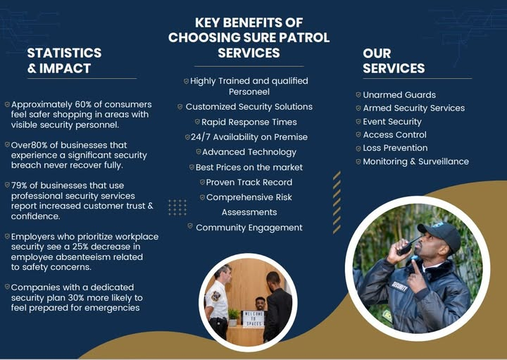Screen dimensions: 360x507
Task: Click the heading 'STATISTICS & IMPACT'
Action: [x=64, y=61]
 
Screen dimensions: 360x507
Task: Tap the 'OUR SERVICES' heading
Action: [x=394, y=61]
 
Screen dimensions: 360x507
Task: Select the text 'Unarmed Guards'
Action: [x=399, y=95]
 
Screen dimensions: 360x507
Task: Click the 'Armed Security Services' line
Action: [x=413, y=108]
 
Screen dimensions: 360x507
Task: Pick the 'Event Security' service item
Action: [x=392, y=122]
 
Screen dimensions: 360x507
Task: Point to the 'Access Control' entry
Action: [x=394, y=135]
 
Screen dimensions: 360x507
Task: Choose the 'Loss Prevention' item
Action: [x=395, y=148]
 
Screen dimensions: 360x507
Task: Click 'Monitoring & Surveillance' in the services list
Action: [x=415, y=161]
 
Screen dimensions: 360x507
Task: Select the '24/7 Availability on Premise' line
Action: [x=249, y=137]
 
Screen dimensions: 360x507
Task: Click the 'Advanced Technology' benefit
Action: [x=249, y=152]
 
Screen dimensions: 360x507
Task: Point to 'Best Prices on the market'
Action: [x=249, y=167]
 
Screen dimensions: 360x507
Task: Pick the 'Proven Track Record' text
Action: [x=249, y=182]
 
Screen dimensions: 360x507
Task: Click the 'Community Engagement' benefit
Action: [x=249, y=228]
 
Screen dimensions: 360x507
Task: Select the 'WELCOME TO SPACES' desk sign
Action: [x=253, y=318]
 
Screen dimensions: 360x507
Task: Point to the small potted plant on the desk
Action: [x=233, y=315]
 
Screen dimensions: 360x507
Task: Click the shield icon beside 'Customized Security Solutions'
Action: [x=180, y=106]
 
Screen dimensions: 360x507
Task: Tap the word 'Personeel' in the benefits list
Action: [x=249, y=92]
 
